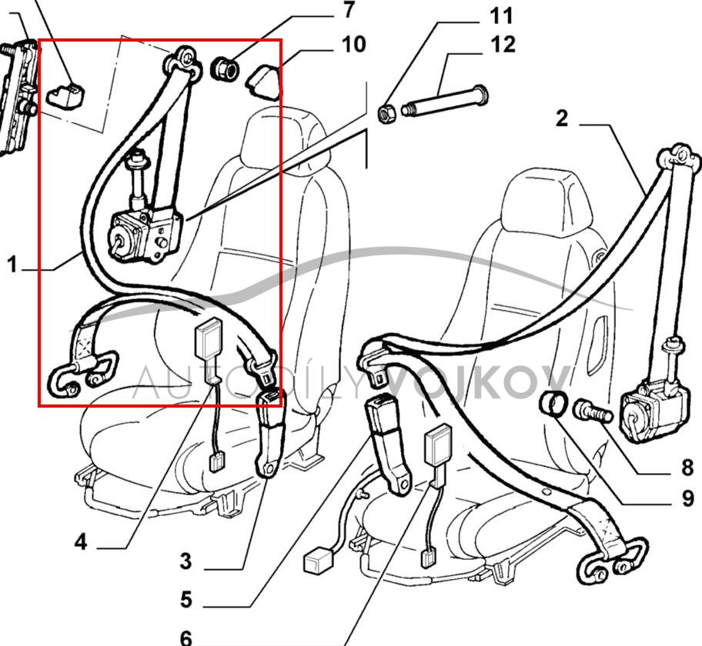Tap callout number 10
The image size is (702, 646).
click(353, 44)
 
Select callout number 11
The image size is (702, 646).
click(501, 15)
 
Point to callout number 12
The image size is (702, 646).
click(503, 44)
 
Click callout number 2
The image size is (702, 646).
click(562, 118)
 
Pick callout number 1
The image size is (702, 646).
click(12, 265)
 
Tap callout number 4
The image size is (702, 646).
click(81, 543)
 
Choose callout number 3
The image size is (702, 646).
click(186, 561)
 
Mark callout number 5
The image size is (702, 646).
click(186, 598)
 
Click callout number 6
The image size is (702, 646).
click(186, 637)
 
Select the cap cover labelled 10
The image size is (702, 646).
click(263, 79)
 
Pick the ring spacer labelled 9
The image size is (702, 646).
click(555, 404)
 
